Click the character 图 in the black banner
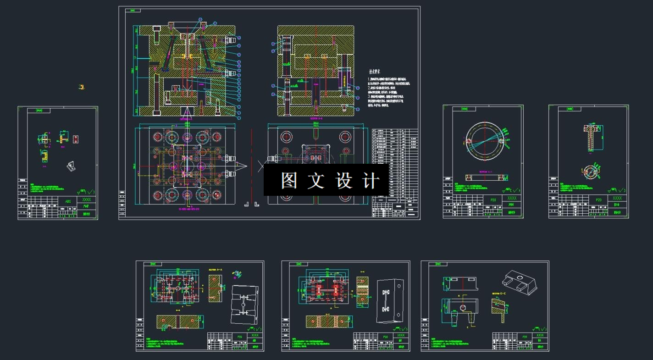click(288, 181)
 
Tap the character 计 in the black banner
click(371, 181)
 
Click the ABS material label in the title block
click(68, 201)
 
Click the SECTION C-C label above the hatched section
click(498, 293)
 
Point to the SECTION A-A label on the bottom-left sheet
click(215, 270)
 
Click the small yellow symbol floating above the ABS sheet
click(82, 87)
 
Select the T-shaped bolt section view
click(590, 136)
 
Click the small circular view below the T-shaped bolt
click(591, 172)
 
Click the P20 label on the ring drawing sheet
click(493, 200)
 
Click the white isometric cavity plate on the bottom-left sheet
click(244, 304)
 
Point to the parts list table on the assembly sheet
click(395, 172)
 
